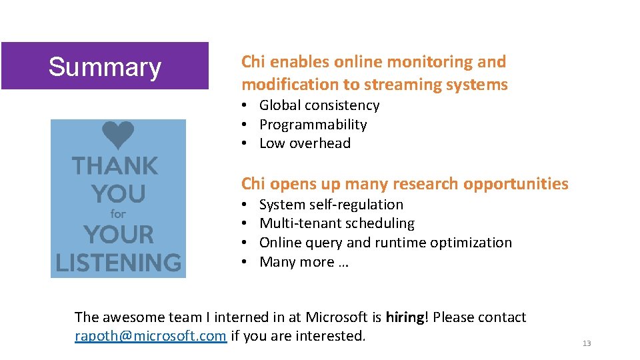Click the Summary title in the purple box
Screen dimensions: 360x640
point(105,67)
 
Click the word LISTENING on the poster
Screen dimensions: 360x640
point(119,262)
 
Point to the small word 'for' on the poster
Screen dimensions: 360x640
point(118,214)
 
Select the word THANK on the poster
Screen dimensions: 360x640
point(115,166)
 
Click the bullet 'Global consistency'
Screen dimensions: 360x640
point(319,105)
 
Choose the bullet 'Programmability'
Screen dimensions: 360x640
point(313,125)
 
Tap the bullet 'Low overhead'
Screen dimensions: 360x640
point(305,143)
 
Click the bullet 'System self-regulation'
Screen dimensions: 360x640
point(331,205)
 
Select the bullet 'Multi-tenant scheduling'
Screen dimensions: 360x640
point(337,223)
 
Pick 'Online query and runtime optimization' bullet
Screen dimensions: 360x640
point(385,243)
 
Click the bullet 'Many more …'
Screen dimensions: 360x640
point(303,262)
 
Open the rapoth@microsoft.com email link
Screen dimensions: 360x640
point(151,336)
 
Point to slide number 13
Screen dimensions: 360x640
point(587,343)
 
